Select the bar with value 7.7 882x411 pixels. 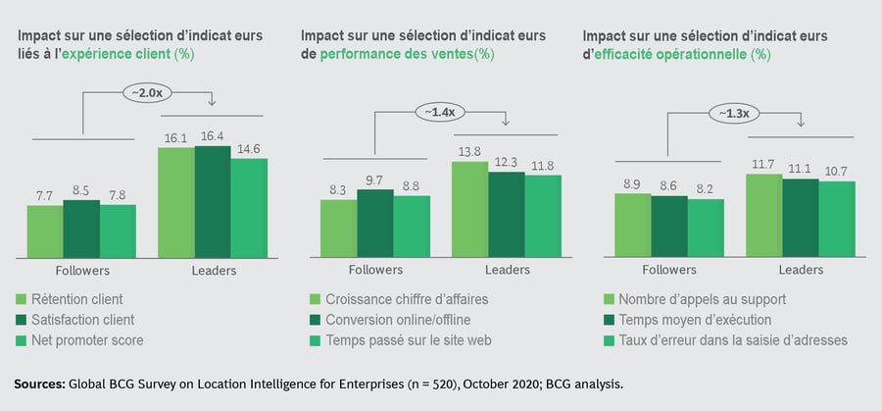pyautogui.click(x=44, y=228)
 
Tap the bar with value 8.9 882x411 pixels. pyautogui.click(x=632, y=222)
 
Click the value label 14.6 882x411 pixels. pyautogui.click(x=249, y=149)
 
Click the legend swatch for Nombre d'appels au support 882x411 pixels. pyautogui.click(x=612, y=299)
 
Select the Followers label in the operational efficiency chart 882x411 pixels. pyautogui.click(x=668, y=270)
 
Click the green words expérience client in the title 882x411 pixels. pyautogui.click(x=115, y=54)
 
